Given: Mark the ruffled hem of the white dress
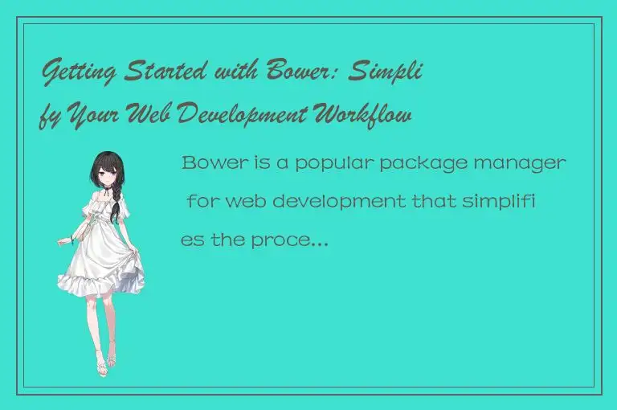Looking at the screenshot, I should coord(100,285).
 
